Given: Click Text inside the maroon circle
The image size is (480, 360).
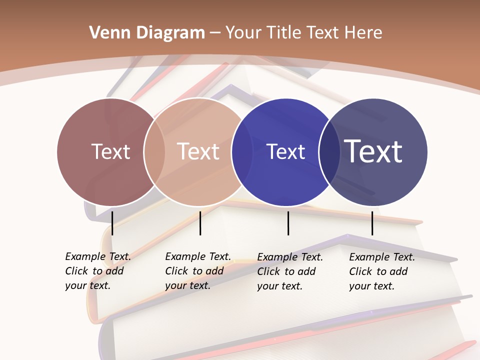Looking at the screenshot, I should (110, 151).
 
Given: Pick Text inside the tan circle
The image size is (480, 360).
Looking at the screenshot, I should (198, 151).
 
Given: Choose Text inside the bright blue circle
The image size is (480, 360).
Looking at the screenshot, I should (285, 151).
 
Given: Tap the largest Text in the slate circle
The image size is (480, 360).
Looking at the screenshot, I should (373, 151).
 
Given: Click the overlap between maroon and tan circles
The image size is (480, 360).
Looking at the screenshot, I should (154, 152).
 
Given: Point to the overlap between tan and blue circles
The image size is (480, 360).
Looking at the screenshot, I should (242, 152).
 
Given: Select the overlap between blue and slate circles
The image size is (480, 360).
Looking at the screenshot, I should (329, 152).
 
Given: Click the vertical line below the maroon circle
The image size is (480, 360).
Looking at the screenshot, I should (112, 223).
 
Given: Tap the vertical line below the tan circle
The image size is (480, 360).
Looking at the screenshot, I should (200, 223).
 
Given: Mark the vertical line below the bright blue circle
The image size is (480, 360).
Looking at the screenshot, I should (288, 223).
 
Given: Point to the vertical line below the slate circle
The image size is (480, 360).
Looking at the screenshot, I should (372, 223).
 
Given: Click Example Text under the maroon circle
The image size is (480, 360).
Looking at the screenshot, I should (98, 256).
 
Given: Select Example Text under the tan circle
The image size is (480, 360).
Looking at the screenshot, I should (198, 256).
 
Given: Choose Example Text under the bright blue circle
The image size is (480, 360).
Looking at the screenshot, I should (290, 257).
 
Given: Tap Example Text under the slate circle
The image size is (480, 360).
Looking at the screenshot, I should (382, 257).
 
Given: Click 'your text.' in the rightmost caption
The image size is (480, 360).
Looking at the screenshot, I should (372, 286).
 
